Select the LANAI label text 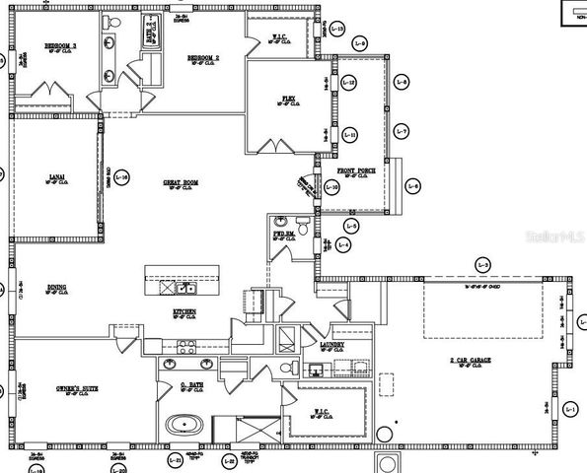click(57, 177)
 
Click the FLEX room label click(289, 99)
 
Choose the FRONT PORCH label click(356, 171)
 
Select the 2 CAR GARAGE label click(470, 361)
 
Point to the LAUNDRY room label click(332, 344)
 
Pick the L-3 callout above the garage click(482, 264)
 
